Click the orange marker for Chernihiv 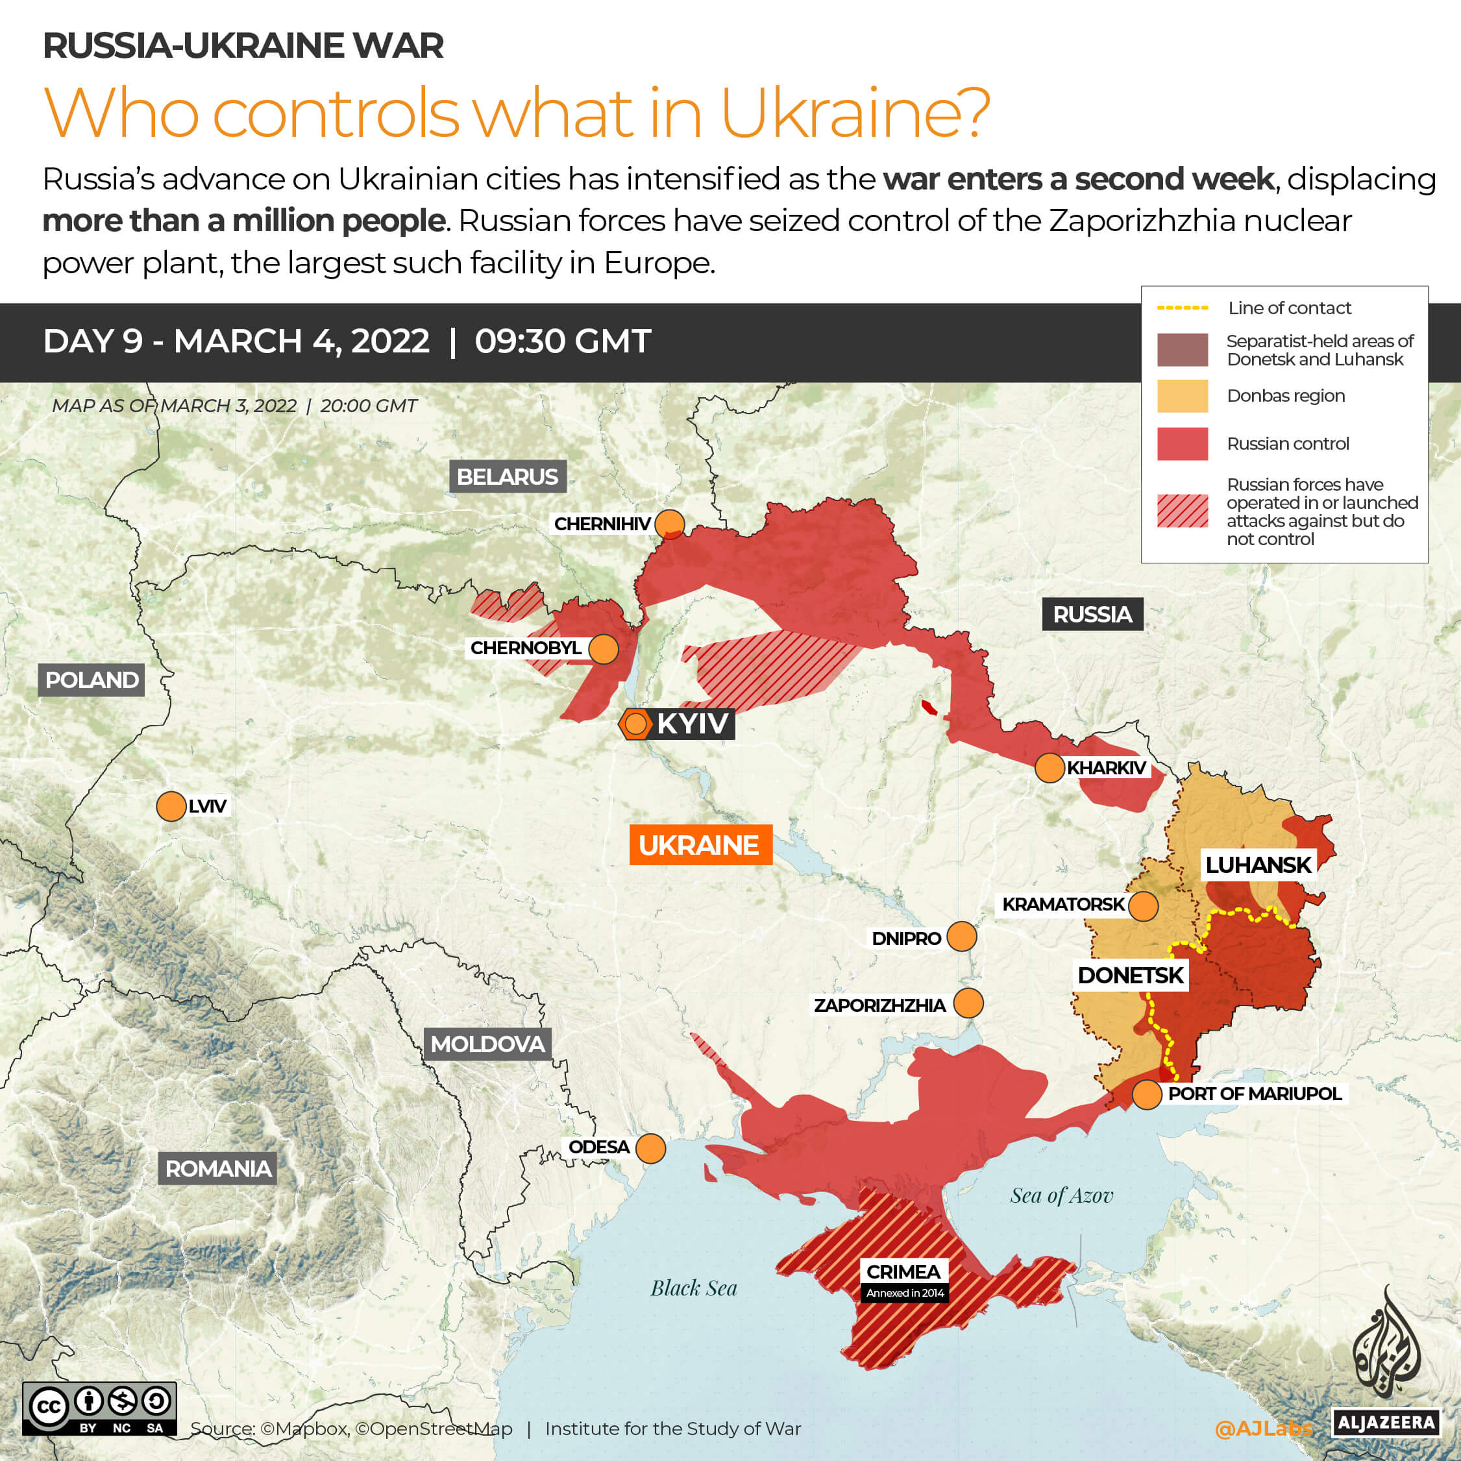[x=669, y=523]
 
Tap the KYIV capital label [x=692, y=724]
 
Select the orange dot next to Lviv [x=171, y=806]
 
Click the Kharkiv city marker [x=1050, y=768]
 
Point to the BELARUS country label [x=508, y=476]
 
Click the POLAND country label [x=92, y=680]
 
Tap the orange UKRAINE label [x=700, y=844]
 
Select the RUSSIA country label [x=1092, y=614]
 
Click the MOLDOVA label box [x=487, y=1044]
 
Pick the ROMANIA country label [x=218, y=1168]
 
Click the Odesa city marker [x=650, y=1148]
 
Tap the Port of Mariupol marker [x=1146, y=1094]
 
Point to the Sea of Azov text [x=1062, y=1196]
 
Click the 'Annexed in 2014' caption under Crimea [x=904, y=1293]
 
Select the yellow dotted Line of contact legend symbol [x=1182, y=308]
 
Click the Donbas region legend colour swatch [x=1182, y=395]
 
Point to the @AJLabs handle [x=1264, y=1428]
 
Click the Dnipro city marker [x=961, y=936]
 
